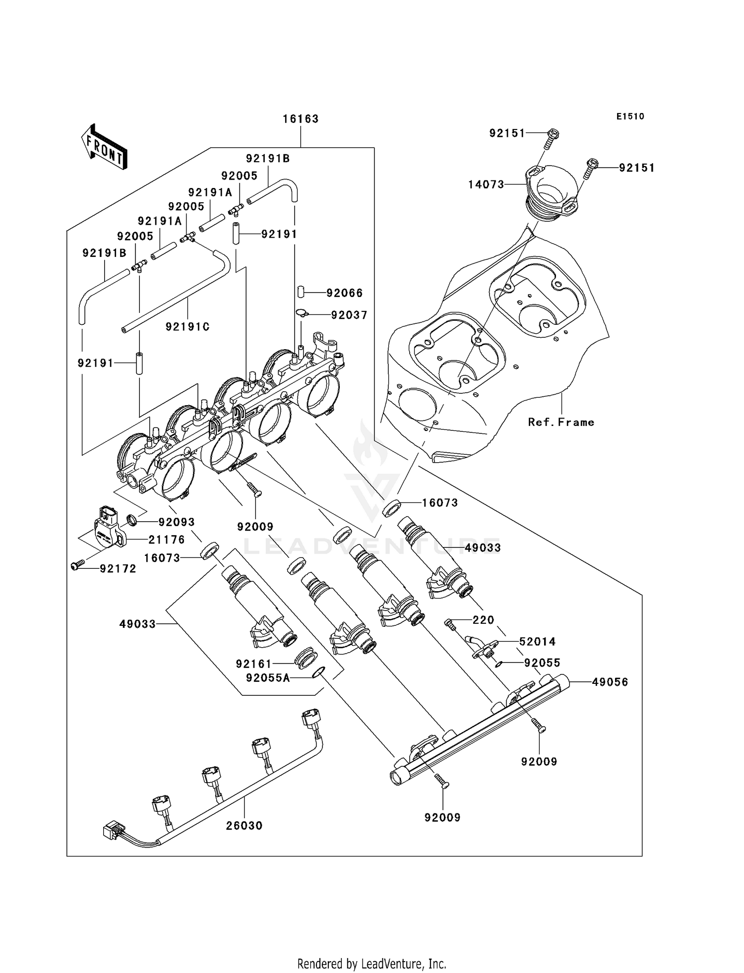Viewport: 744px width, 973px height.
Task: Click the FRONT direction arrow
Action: (104, 147)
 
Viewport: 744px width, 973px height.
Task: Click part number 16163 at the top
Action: (301, 119)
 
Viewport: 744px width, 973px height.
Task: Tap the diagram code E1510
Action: (630, 117)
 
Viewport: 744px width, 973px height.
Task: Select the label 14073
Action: (486, 184)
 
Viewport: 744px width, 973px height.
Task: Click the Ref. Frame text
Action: (561, 422)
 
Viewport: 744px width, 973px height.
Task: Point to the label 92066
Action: (345, 293)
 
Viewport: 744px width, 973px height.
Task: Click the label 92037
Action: (349, 315)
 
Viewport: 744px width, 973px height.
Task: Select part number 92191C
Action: (187, 327)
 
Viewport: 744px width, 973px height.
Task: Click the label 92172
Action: (118, 569)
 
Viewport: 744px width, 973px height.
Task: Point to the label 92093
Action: (176, 522)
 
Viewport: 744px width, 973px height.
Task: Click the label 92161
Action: (254, 664)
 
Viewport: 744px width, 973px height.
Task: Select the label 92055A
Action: (268, 677)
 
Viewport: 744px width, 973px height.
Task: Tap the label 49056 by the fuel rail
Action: (610, 682)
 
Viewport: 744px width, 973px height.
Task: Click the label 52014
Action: (537, 642)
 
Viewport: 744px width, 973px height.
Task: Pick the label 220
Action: (483, 620)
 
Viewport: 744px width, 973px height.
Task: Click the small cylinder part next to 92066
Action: (301, 292)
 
